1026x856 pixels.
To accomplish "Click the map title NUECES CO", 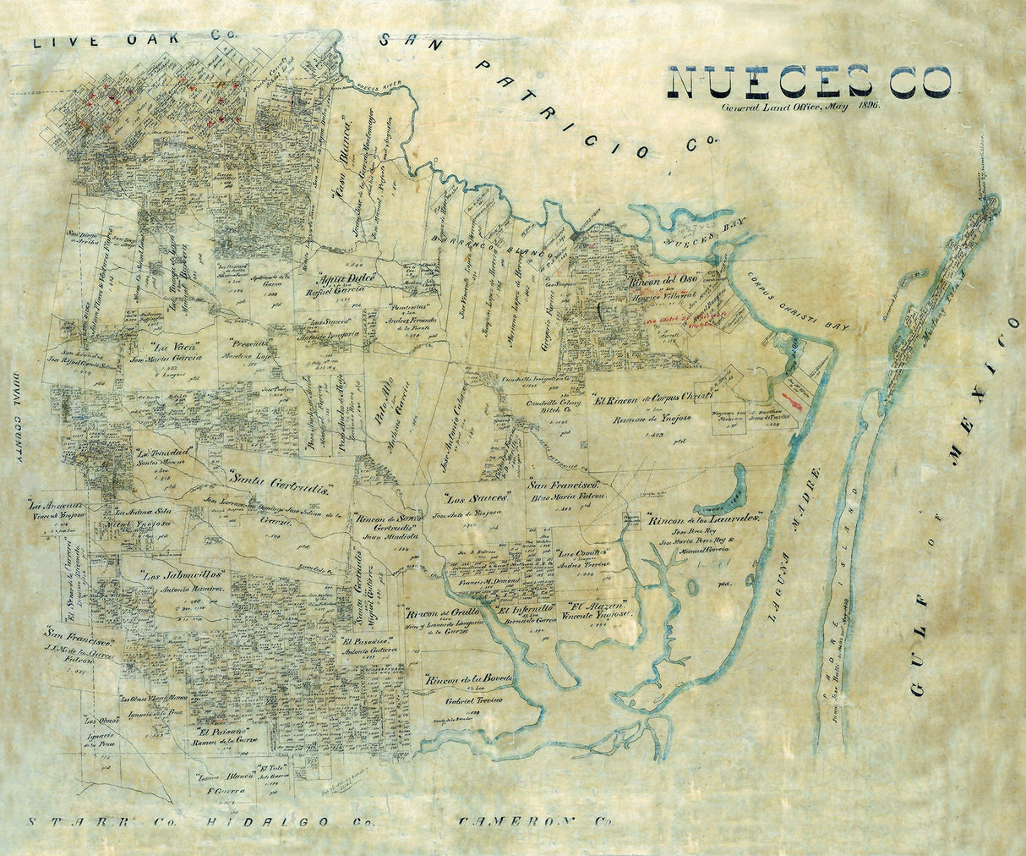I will click(x=809, y=81).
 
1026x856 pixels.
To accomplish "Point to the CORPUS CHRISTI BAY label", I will click(x=799, y=302).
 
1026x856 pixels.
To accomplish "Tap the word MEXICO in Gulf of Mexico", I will click(x=980, y=389).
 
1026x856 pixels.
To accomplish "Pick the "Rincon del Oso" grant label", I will click(x=660, y=283).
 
